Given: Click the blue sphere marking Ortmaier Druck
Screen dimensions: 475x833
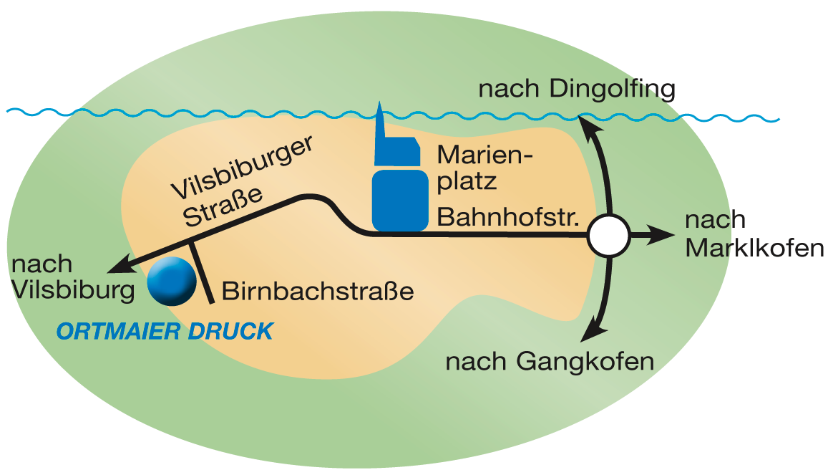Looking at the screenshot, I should click(172, 280).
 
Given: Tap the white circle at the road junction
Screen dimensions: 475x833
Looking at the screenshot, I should click(608, 235).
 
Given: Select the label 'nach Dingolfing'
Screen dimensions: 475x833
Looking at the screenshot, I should click(577, 90).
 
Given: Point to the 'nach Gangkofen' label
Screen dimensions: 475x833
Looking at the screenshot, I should click(550, 361).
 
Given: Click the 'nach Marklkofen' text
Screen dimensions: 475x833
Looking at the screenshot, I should click(753, 234).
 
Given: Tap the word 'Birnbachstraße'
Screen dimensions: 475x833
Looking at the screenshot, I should click(318, 292).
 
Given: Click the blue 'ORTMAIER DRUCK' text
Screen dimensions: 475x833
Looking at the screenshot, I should click(165, 331).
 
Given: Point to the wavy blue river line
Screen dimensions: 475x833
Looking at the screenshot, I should click(215, 113).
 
